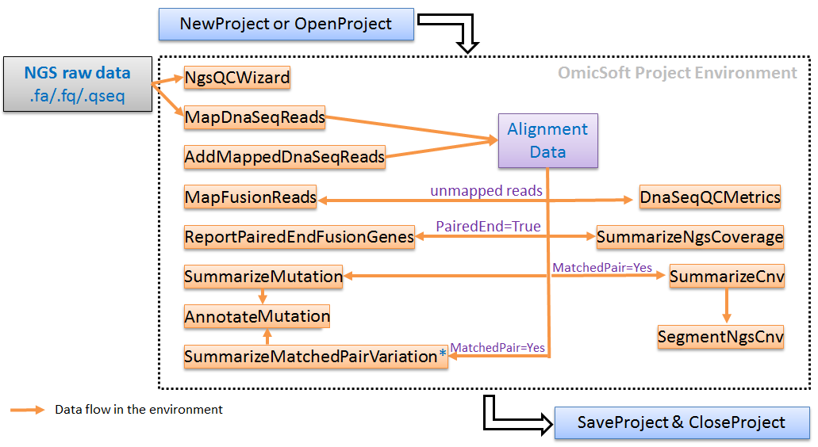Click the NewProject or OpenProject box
point(286,24)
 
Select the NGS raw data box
point(78,84)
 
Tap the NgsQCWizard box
point(237,78)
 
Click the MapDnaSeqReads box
point(255,117)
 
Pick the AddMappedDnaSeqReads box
point(285,157)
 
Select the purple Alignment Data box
point(547,140)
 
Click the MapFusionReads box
point(251,197)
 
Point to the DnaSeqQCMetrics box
point(710,197)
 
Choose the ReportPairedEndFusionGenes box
point(299,237)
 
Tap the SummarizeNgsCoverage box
point(689,237)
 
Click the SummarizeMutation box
point(263,276)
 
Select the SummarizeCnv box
point(727,276)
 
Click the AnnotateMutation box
point(257,316)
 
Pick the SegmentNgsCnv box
point(720,337)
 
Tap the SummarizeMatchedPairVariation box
point(316,357)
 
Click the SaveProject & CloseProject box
point(682,422)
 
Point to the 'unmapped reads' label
point(486,191)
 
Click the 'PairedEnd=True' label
point(488,226)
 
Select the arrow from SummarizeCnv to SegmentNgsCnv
point(727,305)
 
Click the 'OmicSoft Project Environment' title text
point(677,72)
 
